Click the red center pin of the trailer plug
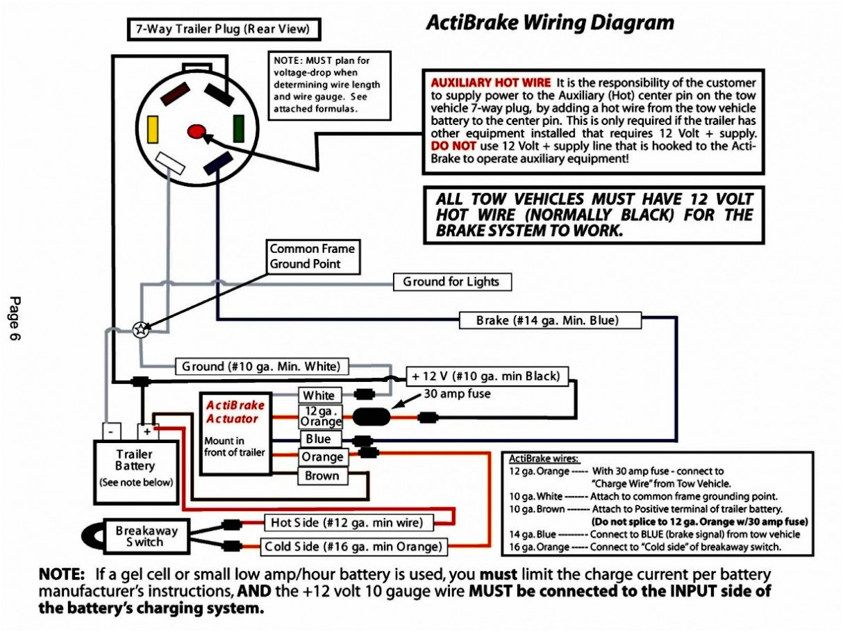click(x=197, y=131)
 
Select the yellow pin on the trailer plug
click(x=153, y=130)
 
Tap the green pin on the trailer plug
click(x=238, y=128)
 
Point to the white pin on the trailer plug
click(x=169, y=164)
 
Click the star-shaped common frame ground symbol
click(x=140, y=329)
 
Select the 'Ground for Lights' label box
click(x=451, y=282)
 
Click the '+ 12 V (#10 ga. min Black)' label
click(x=485, y=376)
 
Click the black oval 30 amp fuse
click(x=372, y=417)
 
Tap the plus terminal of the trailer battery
click(x=147, y=431)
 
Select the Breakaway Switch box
click(x=146, y=535)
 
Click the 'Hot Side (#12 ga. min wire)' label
click(x=348, y=522)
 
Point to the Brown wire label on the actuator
click(x=322, y=476)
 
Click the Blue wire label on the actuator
click(x=319, y=439)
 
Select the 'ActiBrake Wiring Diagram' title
click(x=549, y=22)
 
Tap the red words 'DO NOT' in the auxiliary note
click(x=453, y=146)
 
